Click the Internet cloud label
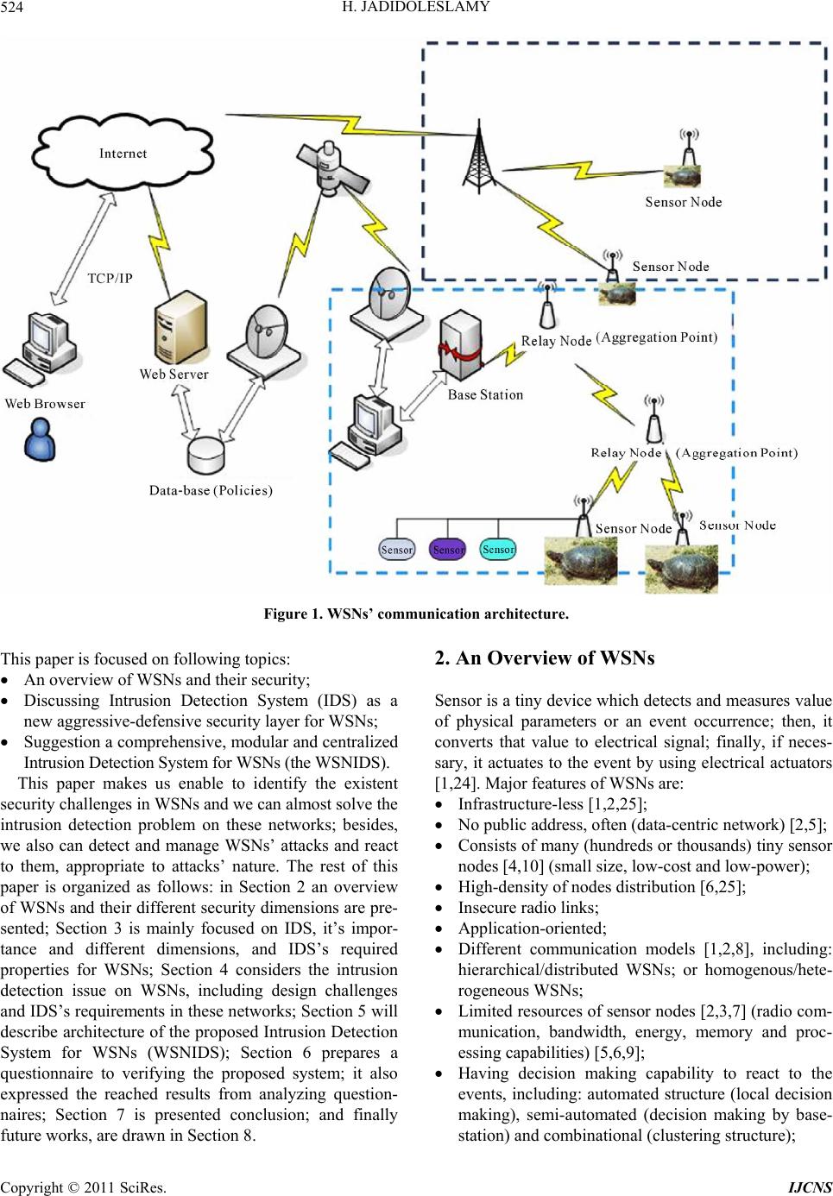click(x=123, y=154)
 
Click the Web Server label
click(x=174, y=375)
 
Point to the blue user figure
click(x=41, y=440)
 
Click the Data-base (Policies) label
click(x=211, y=490)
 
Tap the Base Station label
click(x=485, y=395)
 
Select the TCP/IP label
click(x=110, y=279)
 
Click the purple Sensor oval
click(x=448, y=550)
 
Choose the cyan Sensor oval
click(x=498, y=549)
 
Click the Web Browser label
click(x=45, y=404)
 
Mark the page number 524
click(x=14, y=8)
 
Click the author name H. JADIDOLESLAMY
click(x=416, y=8)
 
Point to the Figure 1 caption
click(x=416, y=614)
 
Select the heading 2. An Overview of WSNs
click(x=545, y=658)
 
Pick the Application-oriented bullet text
click(x=533, y=928)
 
